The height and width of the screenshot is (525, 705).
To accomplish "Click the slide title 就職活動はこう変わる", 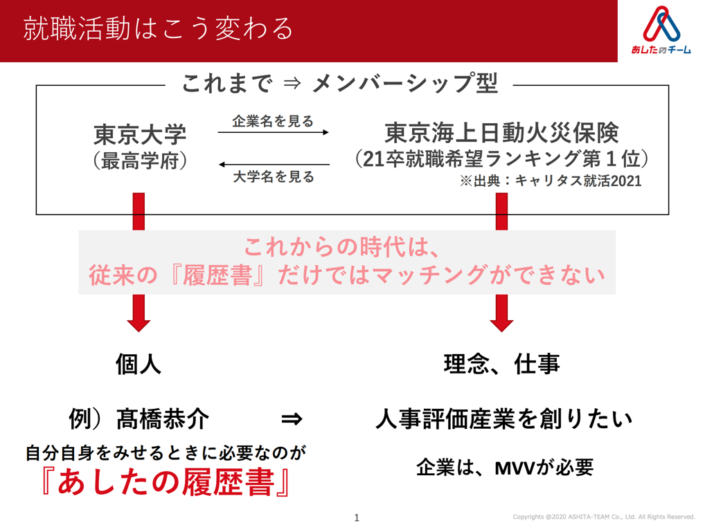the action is [x=158, y=29].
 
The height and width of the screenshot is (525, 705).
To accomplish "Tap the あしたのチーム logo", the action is [x=661, y=30].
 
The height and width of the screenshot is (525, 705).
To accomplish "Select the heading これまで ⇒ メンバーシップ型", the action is [x=340, y=84].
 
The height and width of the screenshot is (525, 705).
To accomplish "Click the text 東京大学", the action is [x=140, y=134].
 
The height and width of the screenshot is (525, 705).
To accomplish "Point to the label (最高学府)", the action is [x=140, y=160].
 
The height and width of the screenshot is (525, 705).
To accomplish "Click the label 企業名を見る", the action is [x=272, y=121].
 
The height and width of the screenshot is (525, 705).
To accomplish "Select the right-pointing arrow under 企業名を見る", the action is [x=274, y=132].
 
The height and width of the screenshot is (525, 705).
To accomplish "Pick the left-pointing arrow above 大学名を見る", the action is [x=274, y=165].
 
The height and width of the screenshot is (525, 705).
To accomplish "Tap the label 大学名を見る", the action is [x=274, y=176].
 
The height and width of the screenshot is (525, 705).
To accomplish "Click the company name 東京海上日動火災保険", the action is [x=502, y=133].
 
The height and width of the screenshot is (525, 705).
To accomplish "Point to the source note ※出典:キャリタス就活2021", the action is [x=551, y=181].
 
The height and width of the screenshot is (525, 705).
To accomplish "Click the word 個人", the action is [x=139, y=364].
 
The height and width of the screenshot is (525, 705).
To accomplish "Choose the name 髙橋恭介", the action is [x=163, y=419].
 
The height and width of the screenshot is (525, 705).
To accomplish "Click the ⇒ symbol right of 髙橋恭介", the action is [x=292, y=419].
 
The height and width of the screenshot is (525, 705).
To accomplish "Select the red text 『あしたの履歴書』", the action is [x=166, y=482].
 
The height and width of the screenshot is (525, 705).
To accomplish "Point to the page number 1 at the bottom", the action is [x=357, y=518].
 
